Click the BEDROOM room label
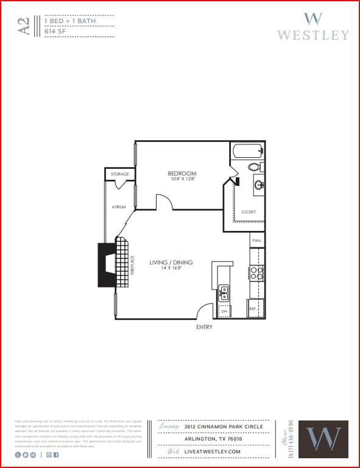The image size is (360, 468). pyautogui.click(x=182, y=174)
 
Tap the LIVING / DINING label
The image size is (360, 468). pyautogui.click(x=171, y=263)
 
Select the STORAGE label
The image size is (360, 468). pyautogui.click(x=119, y=174)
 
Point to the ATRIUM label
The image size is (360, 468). pyautogui.click(x=119, y=207)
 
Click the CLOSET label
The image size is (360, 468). pyautogui.click(x=249, y=212)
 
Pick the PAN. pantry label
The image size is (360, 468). pyautogui.click(x=257, y=241)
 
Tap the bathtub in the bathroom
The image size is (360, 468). pyautogui.click(x=247, y=150)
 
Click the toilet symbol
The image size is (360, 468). pyautogui.click(x=255, y=166)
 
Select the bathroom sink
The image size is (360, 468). pyautogui.click(x=258, y=185)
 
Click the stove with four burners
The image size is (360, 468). pyautogui.click(x=256, y=272)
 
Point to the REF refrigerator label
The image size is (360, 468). pyautogui.click(x=252, y=309)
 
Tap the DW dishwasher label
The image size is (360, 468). pyautogui.click(x=224, y=311)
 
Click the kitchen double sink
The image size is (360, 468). pyautogui.click(x=224, y=294)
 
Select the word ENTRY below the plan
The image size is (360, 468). pyautogui.click(x=204, y=327)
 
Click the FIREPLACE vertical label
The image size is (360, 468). pyautogui.click(x=132, y=264)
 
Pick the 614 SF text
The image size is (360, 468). pyautogui.click(x=55, y=31)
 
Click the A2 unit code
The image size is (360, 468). pyautogui.click(x=24, y=27)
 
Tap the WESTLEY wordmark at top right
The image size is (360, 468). pyautogui.click(x=312, y=35)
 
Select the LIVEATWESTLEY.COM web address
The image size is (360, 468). pyautogui.click(x=213, y=452)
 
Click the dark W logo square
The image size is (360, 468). pyautogui.click(x=327, y=439)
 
